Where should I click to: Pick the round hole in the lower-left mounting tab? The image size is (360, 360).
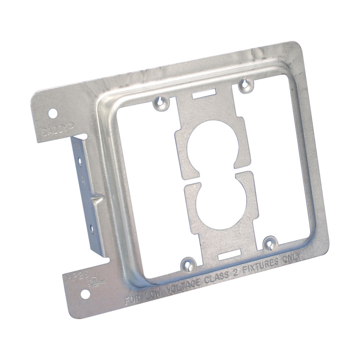pos(85,294)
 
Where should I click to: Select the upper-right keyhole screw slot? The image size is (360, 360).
pos(246,84)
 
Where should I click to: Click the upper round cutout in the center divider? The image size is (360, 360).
pos(213,143)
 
